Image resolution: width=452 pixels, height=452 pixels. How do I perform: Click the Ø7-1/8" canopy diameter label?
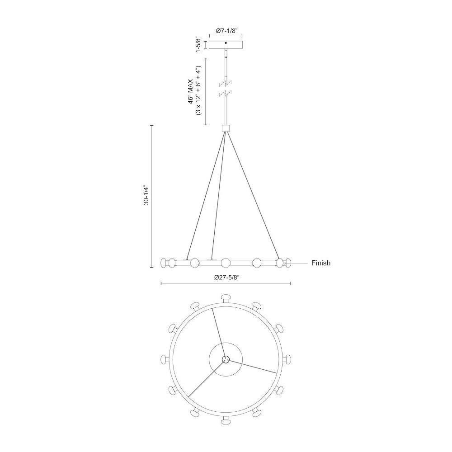coord(226,31)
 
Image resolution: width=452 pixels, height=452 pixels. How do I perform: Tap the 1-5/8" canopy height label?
coord(198,45)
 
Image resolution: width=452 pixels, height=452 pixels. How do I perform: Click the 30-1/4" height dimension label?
coord(146,195)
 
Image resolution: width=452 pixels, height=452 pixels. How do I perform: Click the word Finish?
coord(321,263)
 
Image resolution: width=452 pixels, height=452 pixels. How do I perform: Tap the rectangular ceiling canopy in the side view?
coord(226,45)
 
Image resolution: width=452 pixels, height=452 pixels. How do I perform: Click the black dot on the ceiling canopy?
coord(226,43)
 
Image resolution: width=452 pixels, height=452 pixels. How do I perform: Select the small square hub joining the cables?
coord(226,128)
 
